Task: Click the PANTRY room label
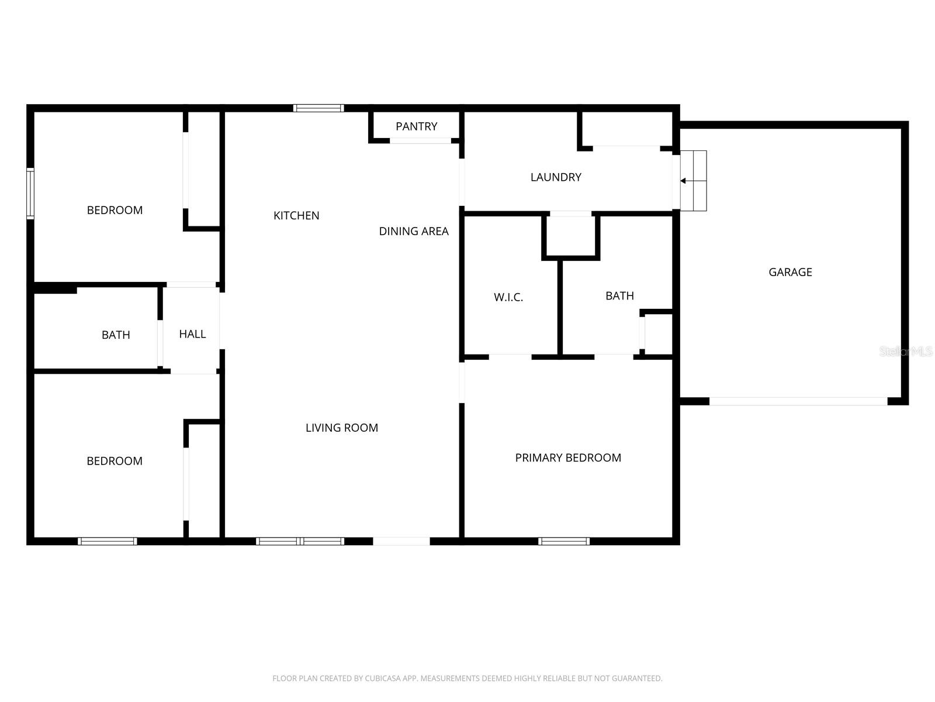416,126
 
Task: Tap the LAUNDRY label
556,177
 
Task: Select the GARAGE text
790,272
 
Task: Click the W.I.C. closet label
508,297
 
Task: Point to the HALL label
192,334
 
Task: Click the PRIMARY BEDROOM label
568,458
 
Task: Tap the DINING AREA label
414,231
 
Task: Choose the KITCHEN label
296,216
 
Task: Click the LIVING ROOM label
342,428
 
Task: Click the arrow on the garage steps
683,181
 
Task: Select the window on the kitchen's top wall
318,108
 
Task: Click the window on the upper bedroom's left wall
30,193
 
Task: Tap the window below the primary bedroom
564,541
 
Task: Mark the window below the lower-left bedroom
108,541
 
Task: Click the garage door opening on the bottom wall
798,401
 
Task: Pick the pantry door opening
421,140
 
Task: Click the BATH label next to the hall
116,335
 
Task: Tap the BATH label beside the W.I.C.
619,296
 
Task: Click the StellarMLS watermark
906,352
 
